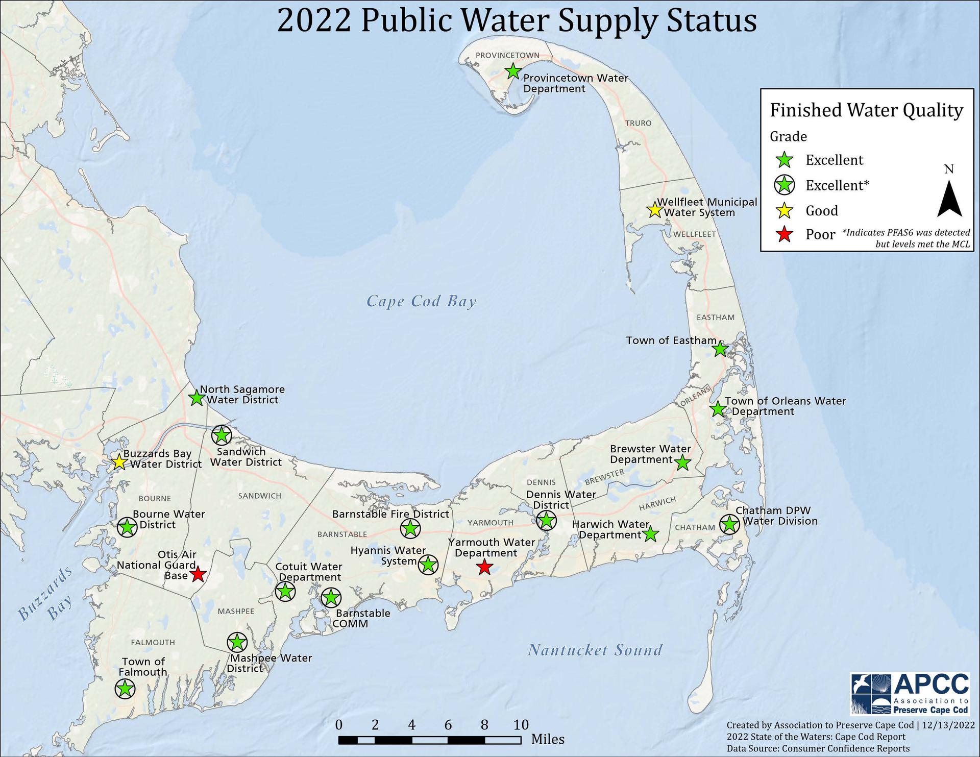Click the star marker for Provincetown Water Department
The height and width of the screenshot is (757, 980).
click(x=513, y=71)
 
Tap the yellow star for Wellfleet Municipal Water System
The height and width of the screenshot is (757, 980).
click(x=654, y=210)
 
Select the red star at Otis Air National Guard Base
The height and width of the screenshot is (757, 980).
click(x=198, y=575)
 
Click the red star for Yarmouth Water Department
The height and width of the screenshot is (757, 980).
click(x=484, y=567)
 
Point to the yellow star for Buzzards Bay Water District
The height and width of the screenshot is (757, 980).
click(x=119, y=462)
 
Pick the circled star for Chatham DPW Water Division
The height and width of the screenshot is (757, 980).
click(x=729, y=524)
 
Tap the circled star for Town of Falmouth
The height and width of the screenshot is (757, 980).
click(x=125, y=689)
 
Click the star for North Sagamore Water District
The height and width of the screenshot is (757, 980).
click(x=197, y=398)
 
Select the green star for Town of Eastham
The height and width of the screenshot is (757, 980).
click(x=720, y=349)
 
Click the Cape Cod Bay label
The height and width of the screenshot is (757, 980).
click(x=421, y=301)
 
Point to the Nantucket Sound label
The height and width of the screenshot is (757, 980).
click(x=595, y=650)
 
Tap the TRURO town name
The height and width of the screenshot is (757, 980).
click(x=638, y=123)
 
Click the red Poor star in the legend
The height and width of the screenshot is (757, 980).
click(x=785, y=235)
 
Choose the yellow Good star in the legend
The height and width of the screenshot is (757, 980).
click(x=785, y=210)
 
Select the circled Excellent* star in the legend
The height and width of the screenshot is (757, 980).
click(x=785, y=185)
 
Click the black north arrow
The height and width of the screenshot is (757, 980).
click(x=949, y=200)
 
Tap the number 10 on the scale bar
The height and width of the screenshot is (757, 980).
click(x=520, y=725)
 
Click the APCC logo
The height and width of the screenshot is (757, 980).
click(x=909, y=694)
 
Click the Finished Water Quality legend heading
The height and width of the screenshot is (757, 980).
click(x=866, y=110)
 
